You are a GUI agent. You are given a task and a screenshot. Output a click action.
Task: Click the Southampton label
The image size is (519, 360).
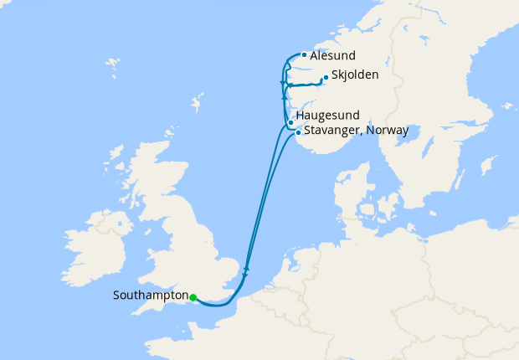(150, 296)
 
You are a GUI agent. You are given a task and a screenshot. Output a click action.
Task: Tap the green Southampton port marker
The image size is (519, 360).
(193, 297)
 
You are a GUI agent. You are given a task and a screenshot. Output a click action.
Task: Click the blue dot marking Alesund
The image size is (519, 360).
(303, 55)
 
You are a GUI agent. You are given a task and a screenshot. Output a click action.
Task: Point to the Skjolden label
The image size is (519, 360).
(354, 75)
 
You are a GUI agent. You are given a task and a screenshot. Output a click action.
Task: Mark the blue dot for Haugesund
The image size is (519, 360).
(290, 123)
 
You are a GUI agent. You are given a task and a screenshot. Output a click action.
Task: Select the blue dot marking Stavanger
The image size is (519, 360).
(298, 132)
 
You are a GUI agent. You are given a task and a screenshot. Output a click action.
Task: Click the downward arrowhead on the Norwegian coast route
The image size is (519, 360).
(282, 83)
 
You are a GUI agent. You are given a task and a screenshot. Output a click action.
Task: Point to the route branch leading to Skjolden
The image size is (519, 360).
(306, 85)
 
